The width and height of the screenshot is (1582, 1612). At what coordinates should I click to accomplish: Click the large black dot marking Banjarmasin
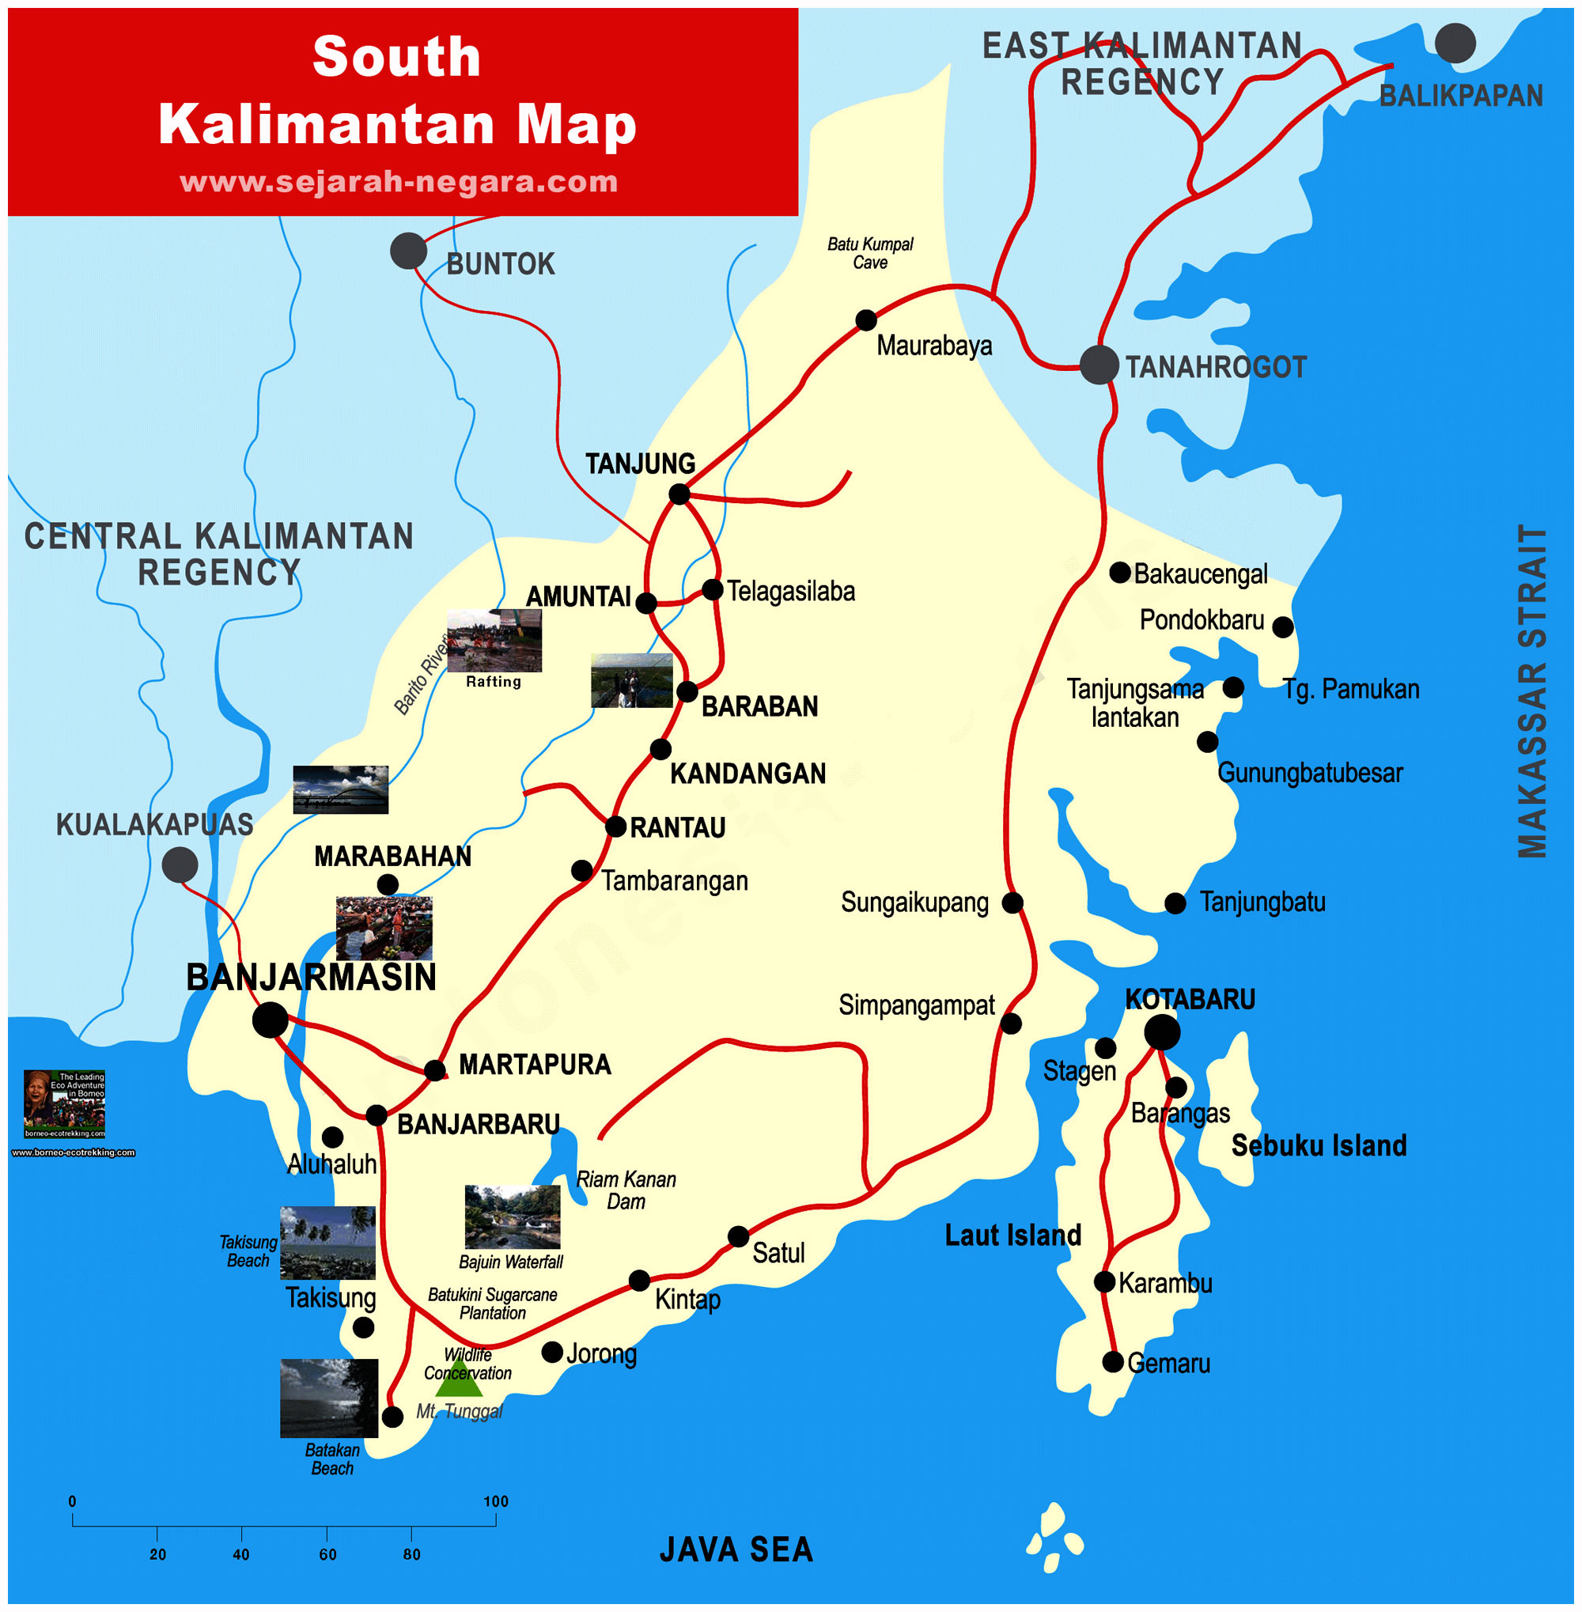tap(270, 1020)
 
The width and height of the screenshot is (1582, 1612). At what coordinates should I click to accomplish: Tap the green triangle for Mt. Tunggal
tap(459, 1379)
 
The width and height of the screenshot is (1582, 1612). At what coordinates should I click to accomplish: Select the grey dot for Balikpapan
tap(1455, 44)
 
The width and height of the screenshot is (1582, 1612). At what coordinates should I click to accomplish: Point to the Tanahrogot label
tap(1215, 367)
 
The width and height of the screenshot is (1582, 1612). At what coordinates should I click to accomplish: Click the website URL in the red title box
tap(399, 182)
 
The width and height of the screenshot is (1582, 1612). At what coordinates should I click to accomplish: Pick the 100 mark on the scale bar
tap(496, 1501)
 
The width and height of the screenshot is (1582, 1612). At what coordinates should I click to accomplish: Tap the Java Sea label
tap(736, 1550)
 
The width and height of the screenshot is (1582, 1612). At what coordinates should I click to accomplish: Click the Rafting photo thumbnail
tap(494, 640)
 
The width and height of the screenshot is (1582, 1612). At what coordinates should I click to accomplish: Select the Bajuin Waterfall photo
tap(512, 1217)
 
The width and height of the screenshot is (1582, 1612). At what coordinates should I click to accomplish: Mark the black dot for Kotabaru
tap(1161, 1033)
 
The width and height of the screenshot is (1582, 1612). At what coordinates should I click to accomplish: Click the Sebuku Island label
tap(1319, 1146)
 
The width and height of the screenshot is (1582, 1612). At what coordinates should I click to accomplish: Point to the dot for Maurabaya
tap(866, 320)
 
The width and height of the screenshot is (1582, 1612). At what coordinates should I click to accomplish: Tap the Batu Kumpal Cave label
tap(870, 253)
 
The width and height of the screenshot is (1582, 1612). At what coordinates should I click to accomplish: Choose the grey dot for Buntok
tap(408, 251)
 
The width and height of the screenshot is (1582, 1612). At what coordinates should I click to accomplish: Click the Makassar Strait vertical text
tap(1531, 691)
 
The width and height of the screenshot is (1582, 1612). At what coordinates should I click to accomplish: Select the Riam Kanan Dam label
tap(626, 1190)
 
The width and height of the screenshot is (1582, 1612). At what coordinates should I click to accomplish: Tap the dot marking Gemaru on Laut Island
tap(1113, 1362)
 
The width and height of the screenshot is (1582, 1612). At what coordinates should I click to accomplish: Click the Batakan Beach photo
tap(329, 1398)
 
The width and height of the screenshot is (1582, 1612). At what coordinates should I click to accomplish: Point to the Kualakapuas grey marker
tap(180, 865)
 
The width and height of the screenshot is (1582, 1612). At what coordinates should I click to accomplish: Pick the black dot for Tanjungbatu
tap(1175, 903)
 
